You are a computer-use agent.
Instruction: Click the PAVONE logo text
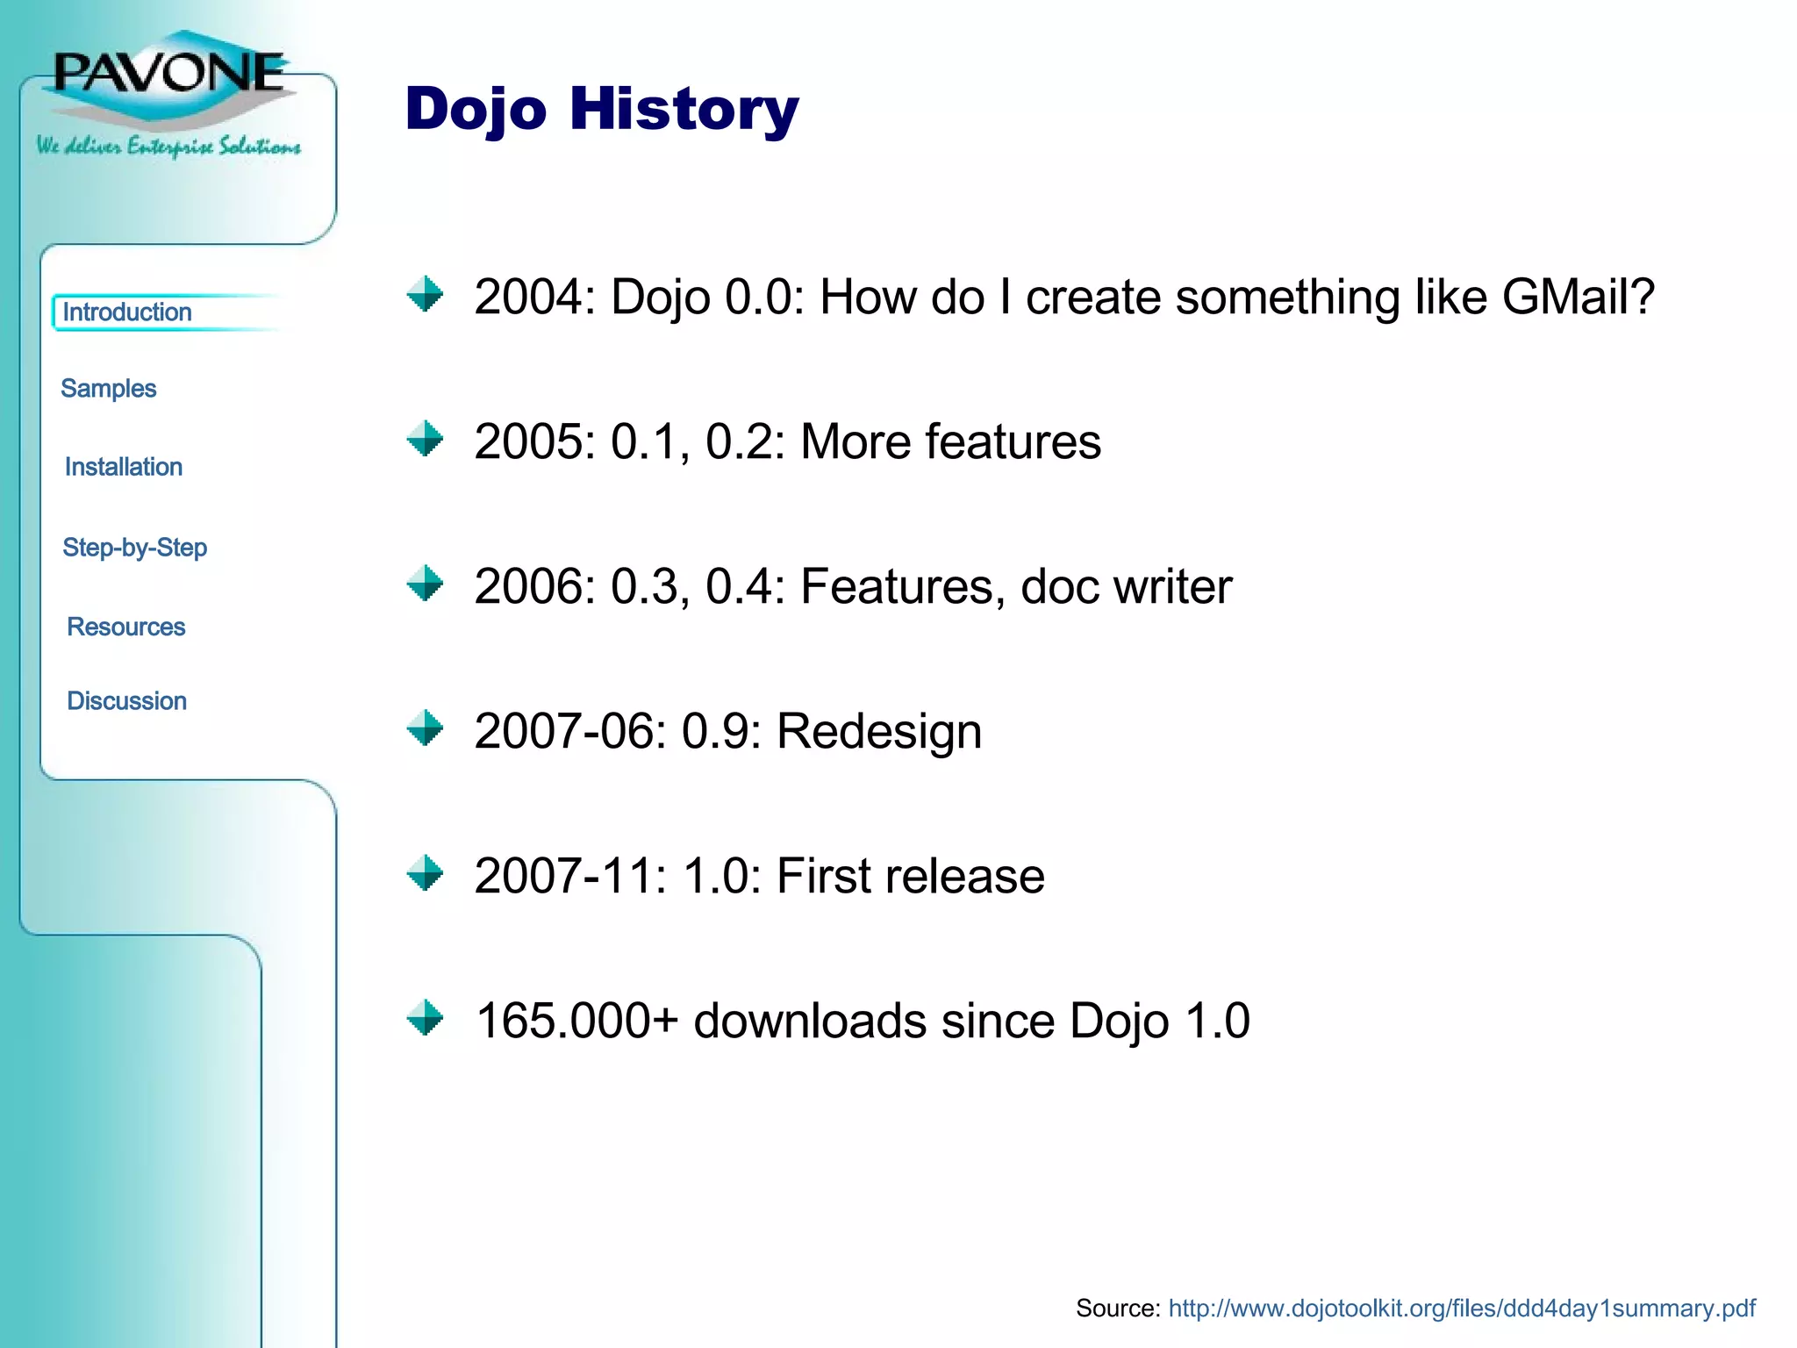tap(169, 72)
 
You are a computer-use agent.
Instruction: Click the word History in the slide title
tap(684, 109)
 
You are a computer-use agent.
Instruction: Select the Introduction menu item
tap(127, 312)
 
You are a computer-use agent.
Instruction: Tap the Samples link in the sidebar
tap(108, 389)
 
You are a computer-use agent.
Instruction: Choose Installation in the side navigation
tap(124, 467)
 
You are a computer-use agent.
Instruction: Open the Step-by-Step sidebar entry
tap(135, 548)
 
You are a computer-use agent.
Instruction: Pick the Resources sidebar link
tap(126, 627)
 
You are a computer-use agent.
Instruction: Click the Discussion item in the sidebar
tap(127, 701)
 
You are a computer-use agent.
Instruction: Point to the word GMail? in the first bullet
tap(1578, 297)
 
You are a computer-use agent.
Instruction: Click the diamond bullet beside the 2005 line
tap(426, 439)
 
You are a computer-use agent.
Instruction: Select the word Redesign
tap(879, 731)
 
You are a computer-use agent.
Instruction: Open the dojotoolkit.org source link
tap(1462, 1309)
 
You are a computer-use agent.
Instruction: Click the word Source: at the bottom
tap(1118, 1309)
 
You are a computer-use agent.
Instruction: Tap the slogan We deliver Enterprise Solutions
tap(168, 146)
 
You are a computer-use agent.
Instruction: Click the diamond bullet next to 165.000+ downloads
tap(426, 1018)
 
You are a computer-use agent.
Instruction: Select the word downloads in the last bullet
tap(809, 1021)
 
